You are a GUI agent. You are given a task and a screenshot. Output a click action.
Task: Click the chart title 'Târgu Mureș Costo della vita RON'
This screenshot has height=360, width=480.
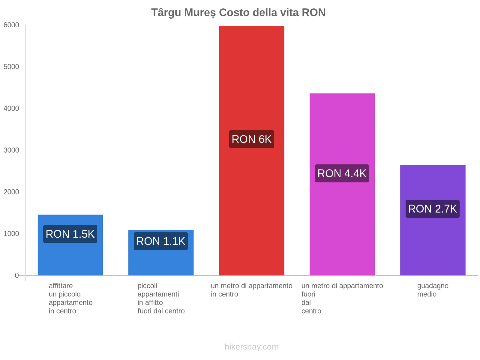pos(238,13)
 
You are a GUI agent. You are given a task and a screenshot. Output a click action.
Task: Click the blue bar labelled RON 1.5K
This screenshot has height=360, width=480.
pos(70,258)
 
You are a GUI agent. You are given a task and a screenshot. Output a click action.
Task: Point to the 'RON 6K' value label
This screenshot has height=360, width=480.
pos(251,139)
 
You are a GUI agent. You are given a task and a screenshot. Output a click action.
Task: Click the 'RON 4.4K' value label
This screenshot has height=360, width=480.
pos(342,173)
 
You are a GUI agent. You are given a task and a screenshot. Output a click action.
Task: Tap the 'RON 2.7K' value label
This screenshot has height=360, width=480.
pos(433,209)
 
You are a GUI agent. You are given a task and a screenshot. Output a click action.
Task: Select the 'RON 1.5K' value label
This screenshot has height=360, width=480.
pos(70,234)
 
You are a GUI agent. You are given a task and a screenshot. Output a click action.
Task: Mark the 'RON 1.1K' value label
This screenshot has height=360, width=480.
pos(161,241)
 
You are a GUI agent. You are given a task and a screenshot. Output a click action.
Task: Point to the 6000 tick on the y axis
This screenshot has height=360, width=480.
pos(11,25)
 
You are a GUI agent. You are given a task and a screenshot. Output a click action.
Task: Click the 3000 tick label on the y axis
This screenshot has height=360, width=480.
pos(11,150)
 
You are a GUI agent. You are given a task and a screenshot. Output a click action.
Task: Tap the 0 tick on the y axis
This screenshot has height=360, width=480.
pos(17,275)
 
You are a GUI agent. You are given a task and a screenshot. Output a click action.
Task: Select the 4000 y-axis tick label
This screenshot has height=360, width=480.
pos(11,109)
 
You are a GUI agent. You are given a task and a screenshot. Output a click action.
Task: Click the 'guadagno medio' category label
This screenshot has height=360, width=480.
pos(433,290)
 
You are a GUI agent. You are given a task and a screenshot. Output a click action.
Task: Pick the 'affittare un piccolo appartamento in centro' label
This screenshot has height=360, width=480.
pos(70,298)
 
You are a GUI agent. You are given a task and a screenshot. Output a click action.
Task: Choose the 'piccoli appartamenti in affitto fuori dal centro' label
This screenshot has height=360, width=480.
pos(161,298)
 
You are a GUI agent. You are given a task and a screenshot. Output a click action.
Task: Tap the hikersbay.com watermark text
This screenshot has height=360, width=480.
pos(251,347)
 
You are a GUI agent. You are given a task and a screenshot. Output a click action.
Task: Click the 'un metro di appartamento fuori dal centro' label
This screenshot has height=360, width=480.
pos(342,298)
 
